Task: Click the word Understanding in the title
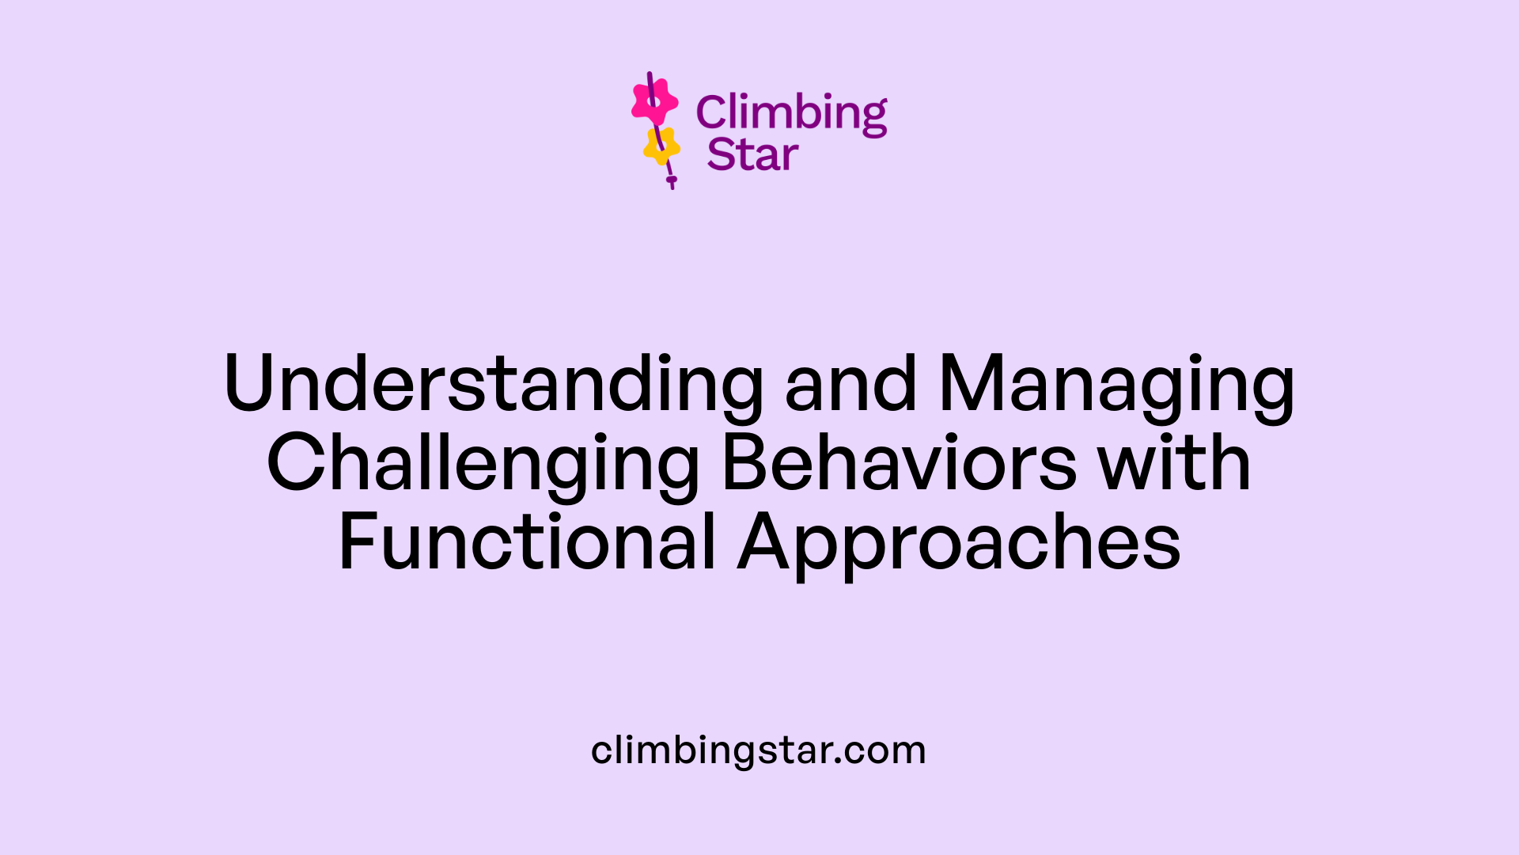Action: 494,384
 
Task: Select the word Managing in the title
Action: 1116,384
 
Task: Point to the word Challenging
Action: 483,463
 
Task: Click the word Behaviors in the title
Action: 899,463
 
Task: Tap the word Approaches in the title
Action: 959,542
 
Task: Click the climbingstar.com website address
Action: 759,750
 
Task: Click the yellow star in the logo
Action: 661,146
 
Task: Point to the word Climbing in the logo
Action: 791,113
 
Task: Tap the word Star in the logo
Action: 752,154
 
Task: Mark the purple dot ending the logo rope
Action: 672,180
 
